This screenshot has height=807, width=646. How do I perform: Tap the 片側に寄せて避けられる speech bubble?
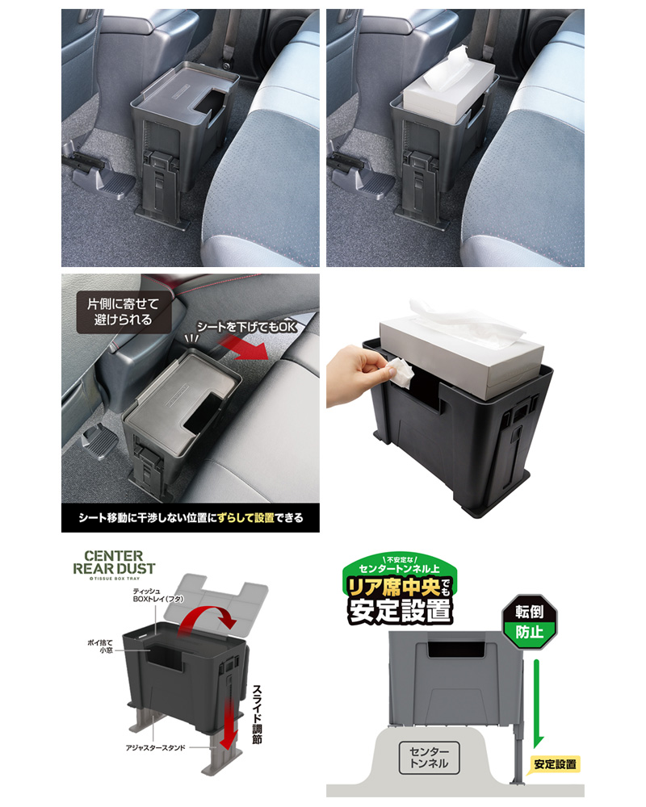(123, 312)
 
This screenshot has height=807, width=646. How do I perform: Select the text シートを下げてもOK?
(247, 327)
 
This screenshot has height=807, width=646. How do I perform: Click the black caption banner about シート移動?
(190, 518)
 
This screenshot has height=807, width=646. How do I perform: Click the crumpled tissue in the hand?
(399, 371)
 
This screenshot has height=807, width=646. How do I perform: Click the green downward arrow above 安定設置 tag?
(538, 703)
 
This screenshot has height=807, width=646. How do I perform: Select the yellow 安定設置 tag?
(555, 764)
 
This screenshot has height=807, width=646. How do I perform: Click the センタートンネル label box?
(429, 758)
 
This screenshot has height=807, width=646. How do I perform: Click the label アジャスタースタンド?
(155, 747)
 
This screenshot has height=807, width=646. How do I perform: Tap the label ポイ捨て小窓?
(99, 646)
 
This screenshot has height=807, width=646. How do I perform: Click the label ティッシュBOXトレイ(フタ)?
(157, 596)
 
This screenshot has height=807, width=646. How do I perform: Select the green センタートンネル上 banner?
(399, 567)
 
